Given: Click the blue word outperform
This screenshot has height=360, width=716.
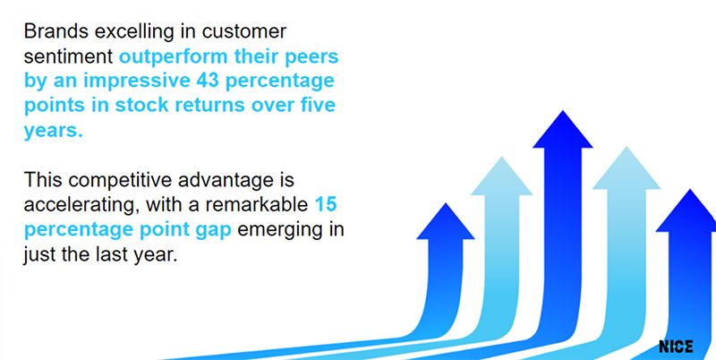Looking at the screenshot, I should (x=169, y=56).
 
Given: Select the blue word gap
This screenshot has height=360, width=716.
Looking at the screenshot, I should (x=209, y=230).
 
